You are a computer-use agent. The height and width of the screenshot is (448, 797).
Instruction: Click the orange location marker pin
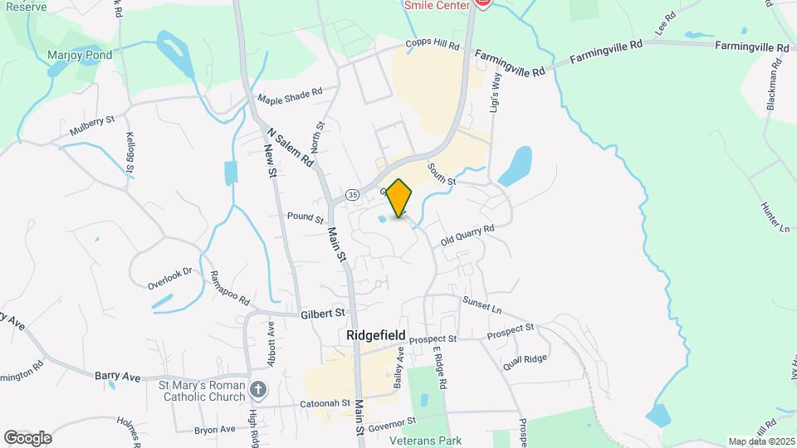(x=399, y=197)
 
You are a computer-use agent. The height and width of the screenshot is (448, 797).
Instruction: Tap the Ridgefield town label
(x=376, y=335)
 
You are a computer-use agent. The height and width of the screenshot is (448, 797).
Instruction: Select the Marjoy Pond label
(x=80, y=55)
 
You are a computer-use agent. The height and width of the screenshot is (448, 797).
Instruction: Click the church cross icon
(x=258, y=389)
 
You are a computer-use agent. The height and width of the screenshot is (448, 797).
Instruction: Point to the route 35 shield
(x=353, y=195)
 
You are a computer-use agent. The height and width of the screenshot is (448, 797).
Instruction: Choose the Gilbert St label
(x=323, y=314)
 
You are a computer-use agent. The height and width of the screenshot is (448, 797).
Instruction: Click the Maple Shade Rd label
(x=289, y=98)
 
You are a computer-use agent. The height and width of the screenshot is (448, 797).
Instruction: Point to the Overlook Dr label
(x=170, y=277)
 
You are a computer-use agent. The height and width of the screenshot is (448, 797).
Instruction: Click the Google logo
(x=27, y=437)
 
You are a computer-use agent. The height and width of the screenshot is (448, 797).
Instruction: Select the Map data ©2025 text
(x=760, y=441)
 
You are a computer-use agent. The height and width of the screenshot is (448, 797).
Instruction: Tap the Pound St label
(x=305, y=218)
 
